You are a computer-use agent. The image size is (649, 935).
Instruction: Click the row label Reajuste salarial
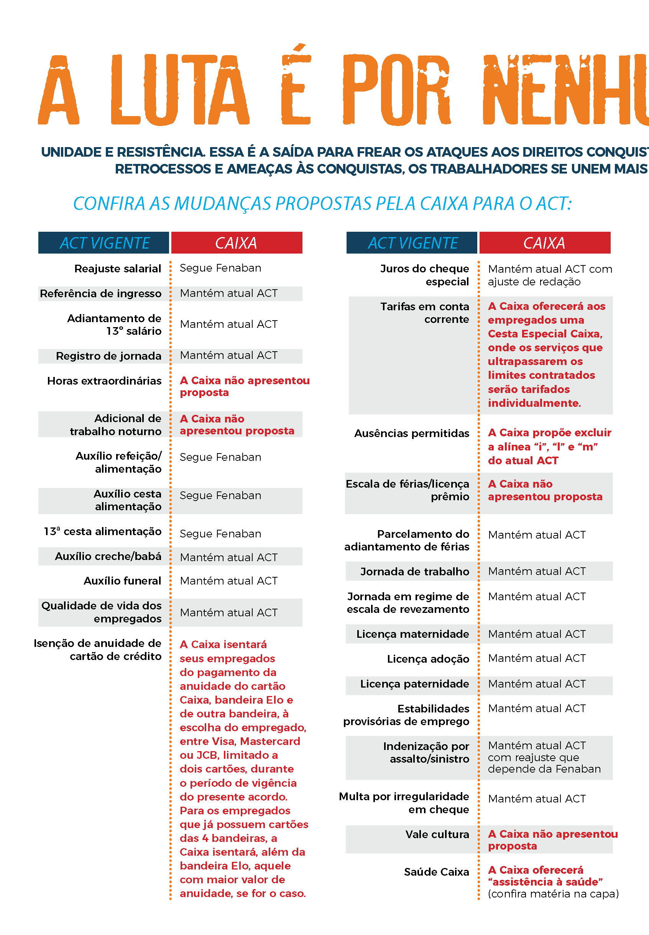(x=118, y=269)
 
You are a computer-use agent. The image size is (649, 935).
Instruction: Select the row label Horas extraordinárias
(x=104, y=381)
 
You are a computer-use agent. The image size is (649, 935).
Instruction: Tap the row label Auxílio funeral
(x=122, y=581)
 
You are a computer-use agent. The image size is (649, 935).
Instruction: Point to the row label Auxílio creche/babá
(x=108, y=556)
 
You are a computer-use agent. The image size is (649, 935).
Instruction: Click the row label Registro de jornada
(x=108, y=356)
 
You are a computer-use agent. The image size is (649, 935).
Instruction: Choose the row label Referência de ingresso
(x=100, y=293)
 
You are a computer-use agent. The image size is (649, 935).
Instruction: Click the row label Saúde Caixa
(x=436, y=872)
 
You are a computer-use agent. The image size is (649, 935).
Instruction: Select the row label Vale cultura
(x=437, y=834)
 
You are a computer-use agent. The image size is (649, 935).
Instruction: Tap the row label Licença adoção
(x=428, y=659)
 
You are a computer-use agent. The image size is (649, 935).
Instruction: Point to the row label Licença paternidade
(x=414, y=684)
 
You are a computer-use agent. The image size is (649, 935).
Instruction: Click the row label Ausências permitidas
(x=412, y=433)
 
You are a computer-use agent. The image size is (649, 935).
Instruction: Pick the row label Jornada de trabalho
(x=414, y=572)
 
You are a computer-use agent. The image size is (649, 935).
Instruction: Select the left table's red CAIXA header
(x=236, y=243)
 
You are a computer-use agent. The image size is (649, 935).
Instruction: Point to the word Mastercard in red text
(x=270, y=741)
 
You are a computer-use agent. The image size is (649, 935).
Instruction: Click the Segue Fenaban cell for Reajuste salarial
(x=220, y=268)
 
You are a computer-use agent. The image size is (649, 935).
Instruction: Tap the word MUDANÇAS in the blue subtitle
(x=222, y=203)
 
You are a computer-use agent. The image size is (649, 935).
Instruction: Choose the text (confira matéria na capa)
(x=553, y=894)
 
